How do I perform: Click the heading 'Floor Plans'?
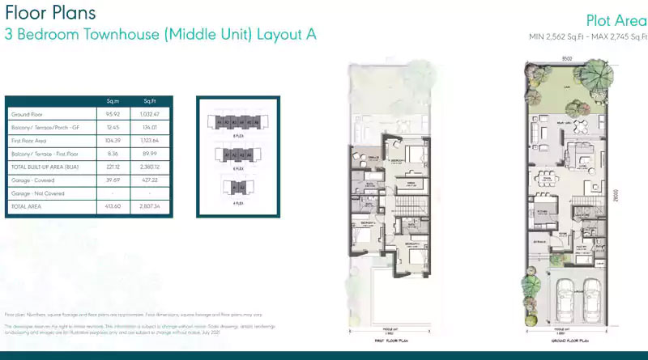click(x=50, y=13)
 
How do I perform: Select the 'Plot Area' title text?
click(x=615, y=21)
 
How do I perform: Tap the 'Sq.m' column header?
click(x=113, y=100)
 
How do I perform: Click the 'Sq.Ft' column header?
click(x=150, y=100)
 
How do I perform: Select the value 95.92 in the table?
click(x=113, y=116)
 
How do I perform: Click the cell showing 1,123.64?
click(x=151, y=141)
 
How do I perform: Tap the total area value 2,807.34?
click(x=151, y=206)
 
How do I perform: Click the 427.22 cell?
click(x=151, y=180)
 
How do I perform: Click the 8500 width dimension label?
click(x=559, y=57)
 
